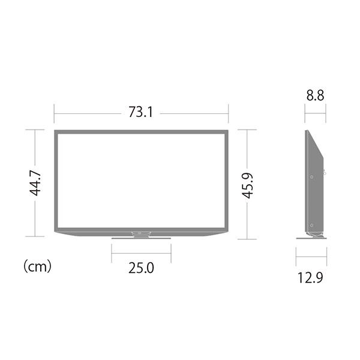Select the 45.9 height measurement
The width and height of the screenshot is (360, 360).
click(247, 184)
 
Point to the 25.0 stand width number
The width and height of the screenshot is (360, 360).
click(141, 268)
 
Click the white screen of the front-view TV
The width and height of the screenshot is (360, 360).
click(141, 180)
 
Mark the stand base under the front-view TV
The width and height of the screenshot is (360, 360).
click(141, 238)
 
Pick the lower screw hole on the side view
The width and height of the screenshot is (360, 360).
click(311, 224)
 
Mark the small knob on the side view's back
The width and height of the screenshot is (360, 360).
click(325, 173)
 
